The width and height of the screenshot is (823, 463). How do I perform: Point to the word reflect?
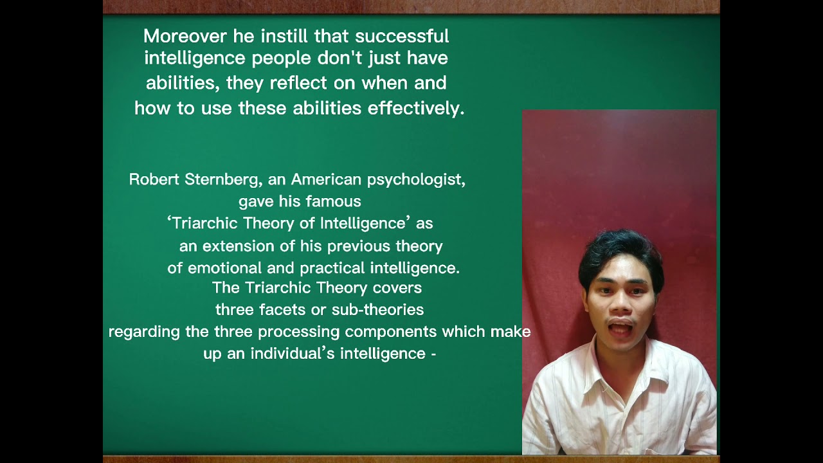(297, 84)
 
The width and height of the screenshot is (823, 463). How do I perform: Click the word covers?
(397, 287)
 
